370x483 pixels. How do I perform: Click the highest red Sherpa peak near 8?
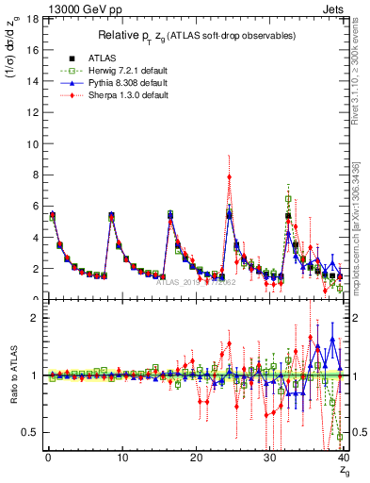229,176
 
